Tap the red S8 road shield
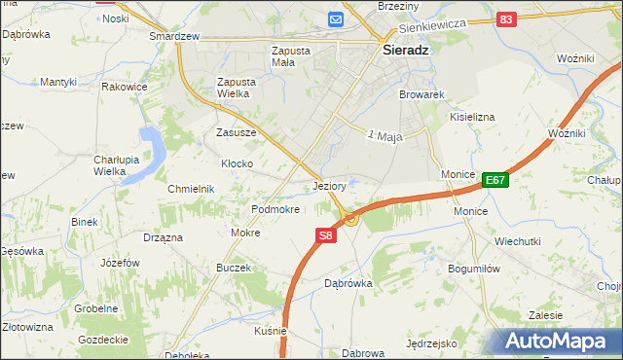click(326, 235)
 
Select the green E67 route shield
click(495, 180)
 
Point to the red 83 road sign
click(505, 19)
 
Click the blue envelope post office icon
click(335, 18)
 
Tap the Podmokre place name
click(275, 209)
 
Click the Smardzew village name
click(174, 36)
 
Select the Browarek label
click(421, 95)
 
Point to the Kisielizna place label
click(472, 117)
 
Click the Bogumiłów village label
click(473, 268)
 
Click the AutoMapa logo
click(556, 341)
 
